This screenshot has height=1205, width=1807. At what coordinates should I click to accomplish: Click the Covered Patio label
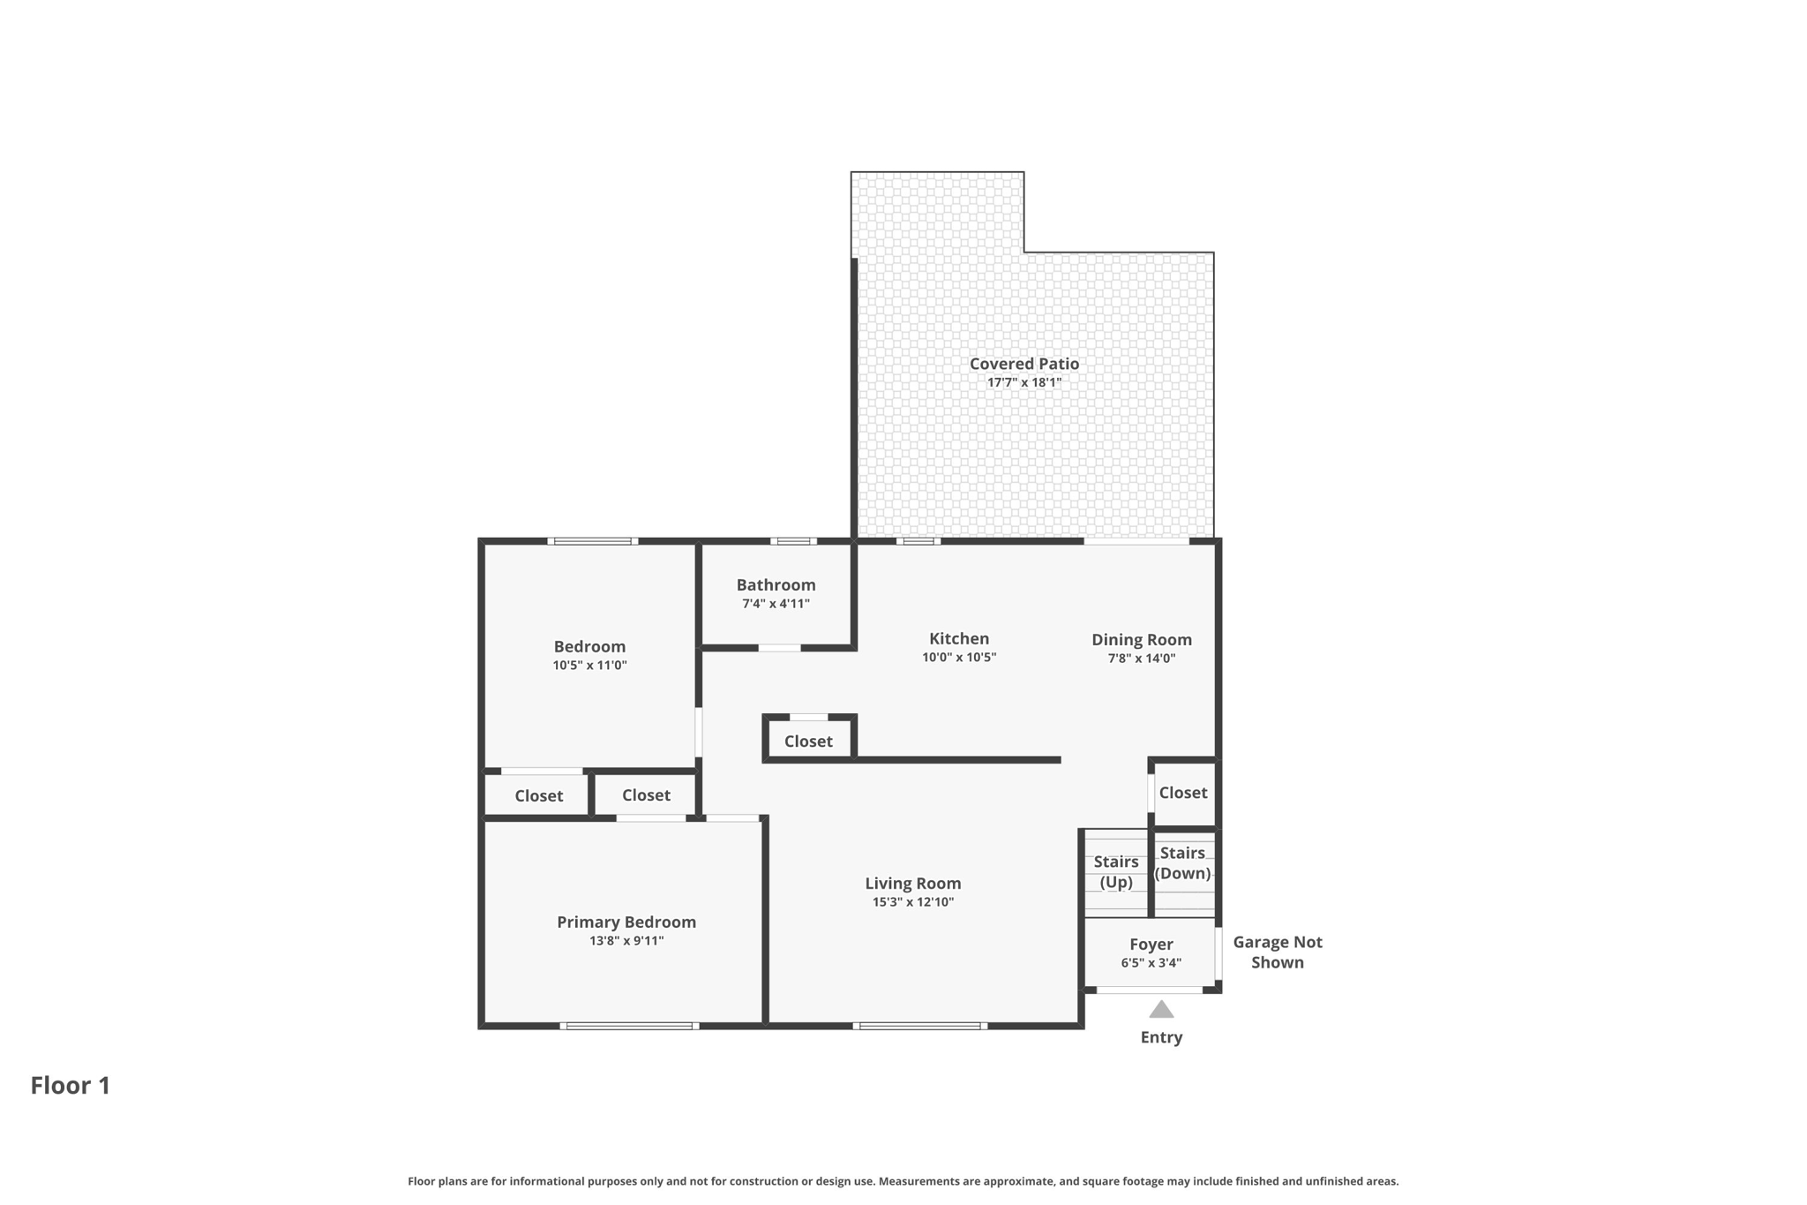[1023, 363]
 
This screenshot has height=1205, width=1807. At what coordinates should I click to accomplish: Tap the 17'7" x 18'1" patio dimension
[1023, 382]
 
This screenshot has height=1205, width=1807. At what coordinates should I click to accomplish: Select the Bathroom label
[776, 584]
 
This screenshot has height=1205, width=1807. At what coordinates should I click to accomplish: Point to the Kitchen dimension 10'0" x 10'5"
[958, 657]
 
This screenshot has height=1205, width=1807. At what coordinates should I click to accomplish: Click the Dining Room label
[1141, 639]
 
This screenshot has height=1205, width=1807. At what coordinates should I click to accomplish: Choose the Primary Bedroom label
[626, 922]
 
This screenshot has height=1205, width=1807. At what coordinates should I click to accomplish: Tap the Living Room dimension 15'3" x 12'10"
[912, 901]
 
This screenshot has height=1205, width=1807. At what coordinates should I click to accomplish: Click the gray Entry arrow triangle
[1161, 1010]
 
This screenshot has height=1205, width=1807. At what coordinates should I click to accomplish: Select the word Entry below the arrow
[1161, 1037]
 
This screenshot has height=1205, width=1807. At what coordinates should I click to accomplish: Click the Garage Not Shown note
[1277, 952]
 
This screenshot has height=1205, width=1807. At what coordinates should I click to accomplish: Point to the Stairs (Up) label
[1115, 871]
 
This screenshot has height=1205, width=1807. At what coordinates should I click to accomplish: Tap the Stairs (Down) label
[1182, 862]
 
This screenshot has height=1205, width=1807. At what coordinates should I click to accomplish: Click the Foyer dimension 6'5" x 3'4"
[1151, 963]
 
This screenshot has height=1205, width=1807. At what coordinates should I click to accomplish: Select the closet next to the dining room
[1182, 793]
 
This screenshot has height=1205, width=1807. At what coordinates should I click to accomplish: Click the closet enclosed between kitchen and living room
[808, 741]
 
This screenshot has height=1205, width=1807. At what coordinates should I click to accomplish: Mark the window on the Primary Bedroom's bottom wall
[629, 1026]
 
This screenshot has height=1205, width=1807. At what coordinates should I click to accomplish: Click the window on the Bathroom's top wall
[793, 541]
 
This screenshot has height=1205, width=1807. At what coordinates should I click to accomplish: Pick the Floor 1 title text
[71, 1085]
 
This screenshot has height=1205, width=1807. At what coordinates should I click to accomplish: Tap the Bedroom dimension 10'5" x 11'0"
[589, 665]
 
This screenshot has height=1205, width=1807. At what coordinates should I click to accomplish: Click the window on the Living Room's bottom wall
[919, 1026]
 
